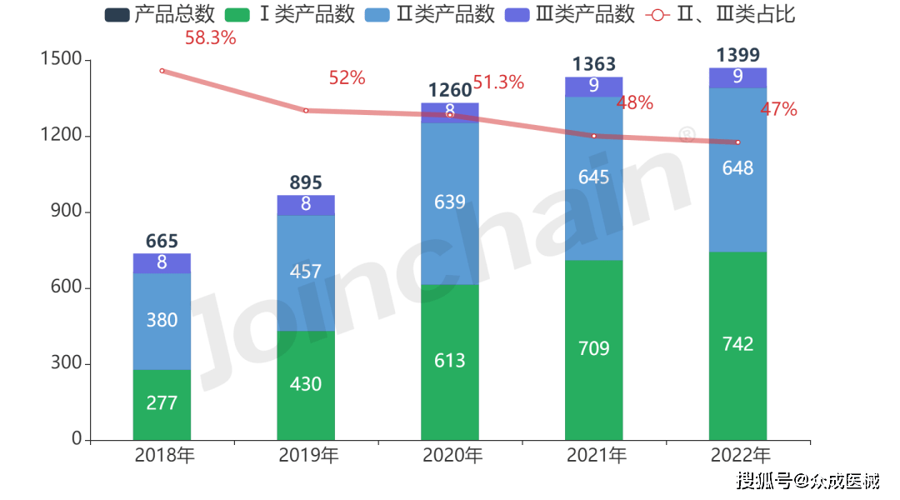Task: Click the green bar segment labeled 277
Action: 162,404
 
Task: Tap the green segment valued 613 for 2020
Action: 450,361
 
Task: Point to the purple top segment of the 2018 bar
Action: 162,263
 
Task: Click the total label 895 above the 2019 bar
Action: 306,183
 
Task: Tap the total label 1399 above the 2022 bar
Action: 737,56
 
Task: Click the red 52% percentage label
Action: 347,78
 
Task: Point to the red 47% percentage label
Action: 778,109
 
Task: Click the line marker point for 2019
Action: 306,111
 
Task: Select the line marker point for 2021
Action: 594,136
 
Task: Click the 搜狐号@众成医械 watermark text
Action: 806,479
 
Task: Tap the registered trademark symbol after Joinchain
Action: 687,134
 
